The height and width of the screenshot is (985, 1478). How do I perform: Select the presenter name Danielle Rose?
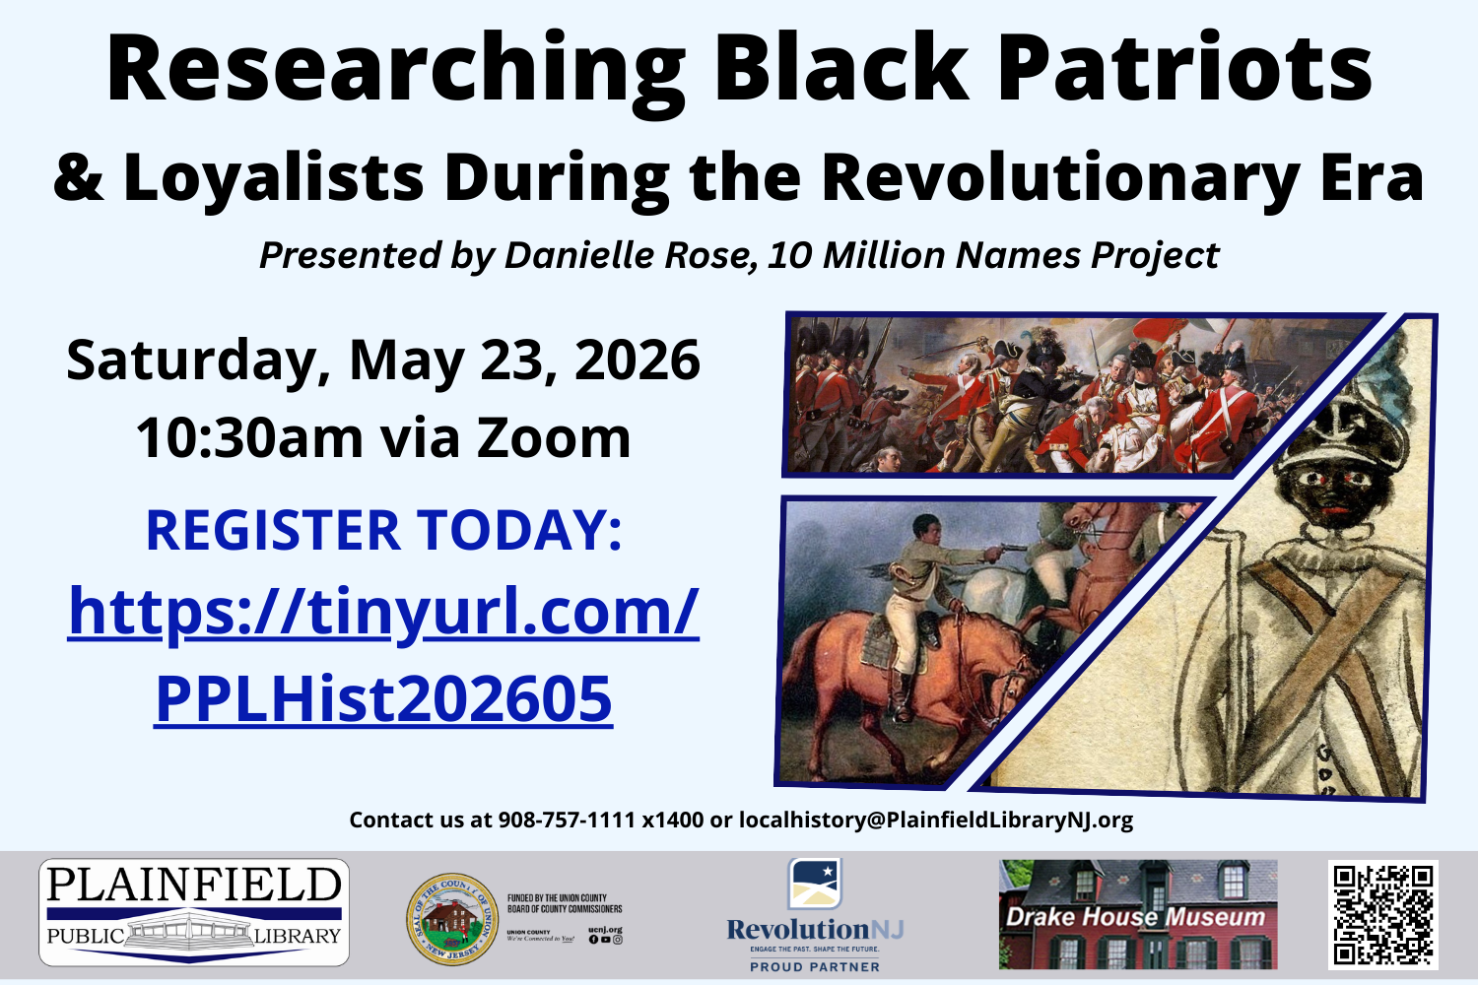[x=630, y=256]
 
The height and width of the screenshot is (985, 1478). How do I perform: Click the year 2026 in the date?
[x=638, y=361]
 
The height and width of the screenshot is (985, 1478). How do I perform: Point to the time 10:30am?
[x=248, y=437]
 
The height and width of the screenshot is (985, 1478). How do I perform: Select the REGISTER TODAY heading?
[x=383, y=530]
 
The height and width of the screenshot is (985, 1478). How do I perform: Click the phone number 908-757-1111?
[x=567, y=820]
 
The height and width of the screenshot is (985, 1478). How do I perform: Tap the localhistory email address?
[x=935, y=820]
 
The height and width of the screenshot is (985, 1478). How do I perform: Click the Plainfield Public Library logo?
[x=194, y=912]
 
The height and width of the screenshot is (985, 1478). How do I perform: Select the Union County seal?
[x=452, y=919]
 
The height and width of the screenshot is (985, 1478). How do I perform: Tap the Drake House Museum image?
[x=1138, y=914]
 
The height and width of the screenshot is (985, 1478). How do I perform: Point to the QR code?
[x=1382, y=914]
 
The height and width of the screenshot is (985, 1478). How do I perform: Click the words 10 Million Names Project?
[x=993, y=256]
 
